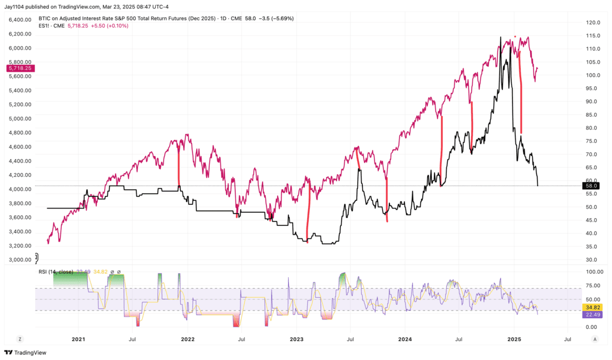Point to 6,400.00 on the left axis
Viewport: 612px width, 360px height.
(x=20, y=20)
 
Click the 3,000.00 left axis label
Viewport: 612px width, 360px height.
(x=20, y=260)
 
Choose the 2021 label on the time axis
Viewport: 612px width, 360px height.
(x=78, y=338)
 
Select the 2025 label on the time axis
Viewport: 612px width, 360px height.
(x=515, y=338)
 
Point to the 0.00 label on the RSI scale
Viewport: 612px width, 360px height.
(x=592, y=327)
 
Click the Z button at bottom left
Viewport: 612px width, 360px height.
(x=20, y=339)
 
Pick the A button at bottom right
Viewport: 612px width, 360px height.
(x=595, y=339)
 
